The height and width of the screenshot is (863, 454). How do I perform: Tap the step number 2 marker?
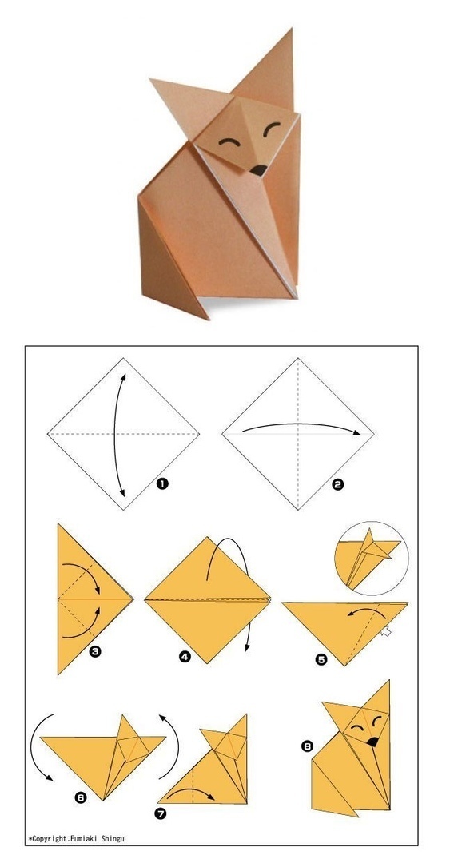click(338, 485)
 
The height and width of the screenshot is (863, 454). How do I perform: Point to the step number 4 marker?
click(185, 656)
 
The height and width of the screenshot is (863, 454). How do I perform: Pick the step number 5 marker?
click(321, 659)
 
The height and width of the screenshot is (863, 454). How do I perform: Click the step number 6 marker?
click(81, 797)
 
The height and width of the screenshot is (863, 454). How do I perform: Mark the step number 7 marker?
click(160, 813)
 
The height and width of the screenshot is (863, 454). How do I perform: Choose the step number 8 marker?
click(307, 746)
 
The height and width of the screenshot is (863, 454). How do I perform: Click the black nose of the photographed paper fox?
click(258, 171)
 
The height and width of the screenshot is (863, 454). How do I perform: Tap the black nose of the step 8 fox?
click(373, 742)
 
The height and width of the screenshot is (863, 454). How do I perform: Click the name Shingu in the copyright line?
click(113, 839)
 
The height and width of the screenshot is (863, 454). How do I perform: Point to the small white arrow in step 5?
click(386, 632)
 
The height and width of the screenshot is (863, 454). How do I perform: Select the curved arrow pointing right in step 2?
click(300, 424)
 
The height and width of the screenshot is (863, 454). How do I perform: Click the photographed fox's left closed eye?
click(229, 142)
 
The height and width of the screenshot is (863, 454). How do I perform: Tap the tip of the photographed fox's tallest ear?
click(291, 29)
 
